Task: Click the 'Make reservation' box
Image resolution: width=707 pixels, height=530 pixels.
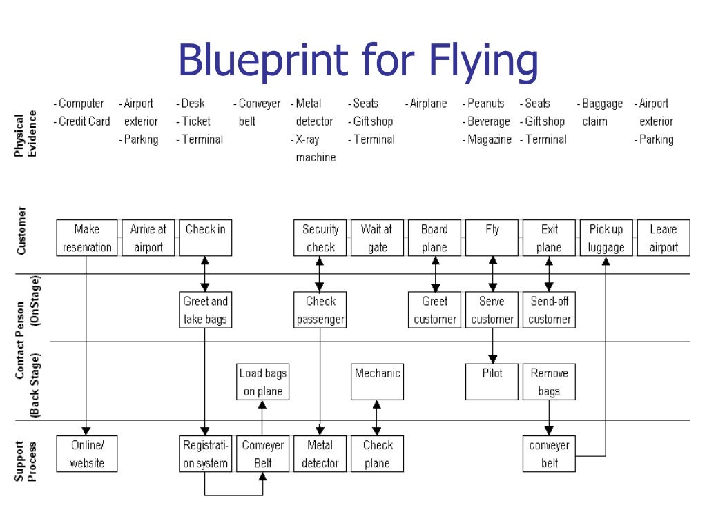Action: click(87, 238)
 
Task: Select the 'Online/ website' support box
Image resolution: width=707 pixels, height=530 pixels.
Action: click(87, 454)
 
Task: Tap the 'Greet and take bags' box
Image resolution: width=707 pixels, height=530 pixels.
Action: click(205, 310)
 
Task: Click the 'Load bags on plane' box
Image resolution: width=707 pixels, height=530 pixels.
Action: click(262, 382)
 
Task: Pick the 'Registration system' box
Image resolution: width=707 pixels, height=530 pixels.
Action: click(205, 454)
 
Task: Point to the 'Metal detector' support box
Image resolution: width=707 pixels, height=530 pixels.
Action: click(320, 454)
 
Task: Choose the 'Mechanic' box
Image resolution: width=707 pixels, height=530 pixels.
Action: click(377, 382)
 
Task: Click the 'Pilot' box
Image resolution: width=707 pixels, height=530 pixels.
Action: click(492, 382)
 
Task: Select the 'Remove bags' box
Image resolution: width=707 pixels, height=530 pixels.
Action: click(549, 382)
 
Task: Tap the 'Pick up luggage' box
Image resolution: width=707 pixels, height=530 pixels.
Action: click(606, 238)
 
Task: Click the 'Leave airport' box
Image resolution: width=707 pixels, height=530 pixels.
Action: click(664, 238)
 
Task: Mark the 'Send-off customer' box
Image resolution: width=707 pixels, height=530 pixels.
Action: click(549, 310)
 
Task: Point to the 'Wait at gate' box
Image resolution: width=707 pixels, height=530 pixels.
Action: click(377, 238)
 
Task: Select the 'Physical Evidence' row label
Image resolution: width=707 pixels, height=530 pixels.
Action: click(26, 134)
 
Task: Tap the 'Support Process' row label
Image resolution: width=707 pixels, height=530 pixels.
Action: click(26, 461)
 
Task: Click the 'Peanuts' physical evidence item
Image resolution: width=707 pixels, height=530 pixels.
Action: click(485, 104)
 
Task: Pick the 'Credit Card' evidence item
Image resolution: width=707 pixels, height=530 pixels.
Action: click(84, 121)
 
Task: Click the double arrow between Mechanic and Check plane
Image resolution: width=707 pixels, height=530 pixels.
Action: click(377, 418)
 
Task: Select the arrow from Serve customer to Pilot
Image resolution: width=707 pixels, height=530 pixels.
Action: click(492, 346)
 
